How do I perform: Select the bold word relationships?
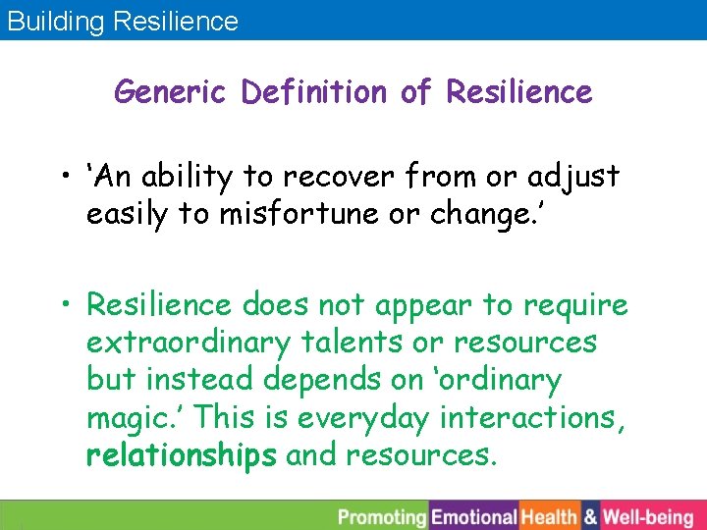click(x=182, y=456)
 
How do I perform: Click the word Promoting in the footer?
click(x=381, y=516)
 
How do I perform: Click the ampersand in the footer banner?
click(x=591, y=516)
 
